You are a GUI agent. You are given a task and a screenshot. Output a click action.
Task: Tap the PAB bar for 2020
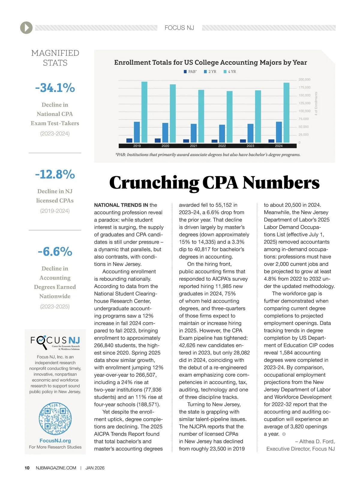click(157, 140)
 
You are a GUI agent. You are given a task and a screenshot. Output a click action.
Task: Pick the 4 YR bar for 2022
click(229, 117)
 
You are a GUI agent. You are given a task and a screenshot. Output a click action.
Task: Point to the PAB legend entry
click(190, 72)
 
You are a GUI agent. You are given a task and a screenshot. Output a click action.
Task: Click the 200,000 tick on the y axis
click(304, 80)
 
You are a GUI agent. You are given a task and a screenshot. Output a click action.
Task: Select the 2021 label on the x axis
click(193, 146)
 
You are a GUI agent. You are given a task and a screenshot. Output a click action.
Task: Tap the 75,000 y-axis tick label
click(303, 119)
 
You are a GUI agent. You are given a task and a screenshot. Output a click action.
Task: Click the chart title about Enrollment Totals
click(210, 62)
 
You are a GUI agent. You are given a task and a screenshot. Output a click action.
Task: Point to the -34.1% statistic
click(55, 88)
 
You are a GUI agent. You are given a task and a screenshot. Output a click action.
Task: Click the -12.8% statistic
click(55, 174)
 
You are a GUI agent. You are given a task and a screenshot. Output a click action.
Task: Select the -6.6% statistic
click(55, 252)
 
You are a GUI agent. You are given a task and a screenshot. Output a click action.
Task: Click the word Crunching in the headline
click(154, 183)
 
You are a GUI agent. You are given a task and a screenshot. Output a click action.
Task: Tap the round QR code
click(55, 419)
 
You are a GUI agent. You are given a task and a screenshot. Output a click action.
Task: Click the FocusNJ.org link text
click(55, 441)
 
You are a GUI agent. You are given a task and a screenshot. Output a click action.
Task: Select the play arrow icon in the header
click(26, 28)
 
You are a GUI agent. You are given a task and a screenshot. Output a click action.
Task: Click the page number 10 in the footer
click(27, 468)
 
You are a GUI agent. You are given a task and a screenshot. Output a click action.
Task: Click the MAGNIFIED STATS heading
click(55, 58)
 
